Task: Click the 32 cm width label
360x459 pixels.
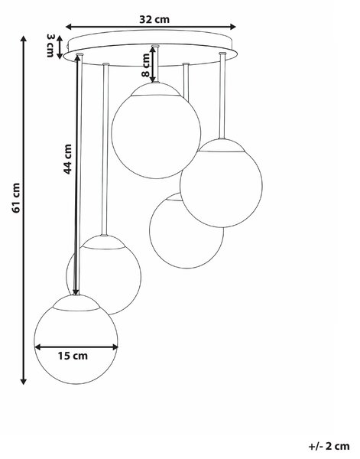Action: click(x=154, y=19)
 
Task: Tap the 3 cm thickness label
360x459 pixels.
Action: click(x=50, y=45)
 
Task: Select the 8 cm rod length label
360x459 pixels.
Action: click(x=146, y=65)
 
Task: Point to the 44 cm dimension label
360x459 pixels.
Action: click(x=67, y=159)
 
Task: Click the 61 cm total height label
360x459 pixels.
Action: click(x=16, y=198)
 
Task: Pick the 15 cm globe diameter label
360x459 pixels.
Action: click(x=73, y=356)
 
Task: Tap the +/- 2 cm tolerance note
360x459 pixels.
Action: click(x=329, y=446)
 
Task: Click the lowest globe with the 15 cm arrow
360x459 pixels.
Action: click(x=76, y=340)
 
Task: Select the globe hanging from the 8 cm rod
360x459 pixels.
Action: click(x=156, y=131)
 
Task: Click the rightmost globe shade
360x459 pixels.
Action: click(x=221, y=183)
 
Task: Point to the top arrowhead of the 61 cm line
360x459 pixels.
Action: click(x=24, y=39)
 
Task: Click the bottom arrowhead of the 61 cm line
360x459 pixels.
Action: click(x=24, y=381)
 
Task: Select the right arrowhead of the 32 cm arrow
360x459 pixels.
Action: click(x=233, y=27)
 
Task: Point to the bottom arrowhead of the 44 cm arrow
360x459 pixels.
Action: click(x=76, y=291)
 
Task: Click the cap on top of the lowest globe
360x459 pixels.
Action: click(x=76, y=303)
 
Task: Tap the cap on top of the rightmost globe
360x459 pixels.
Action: click(x=222, y=145)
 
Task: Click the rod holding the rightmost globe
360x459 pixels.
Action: click(x=222, y=96)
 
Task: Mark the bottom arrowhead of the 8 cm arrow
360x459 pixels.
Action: click(x=153, y=79)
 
